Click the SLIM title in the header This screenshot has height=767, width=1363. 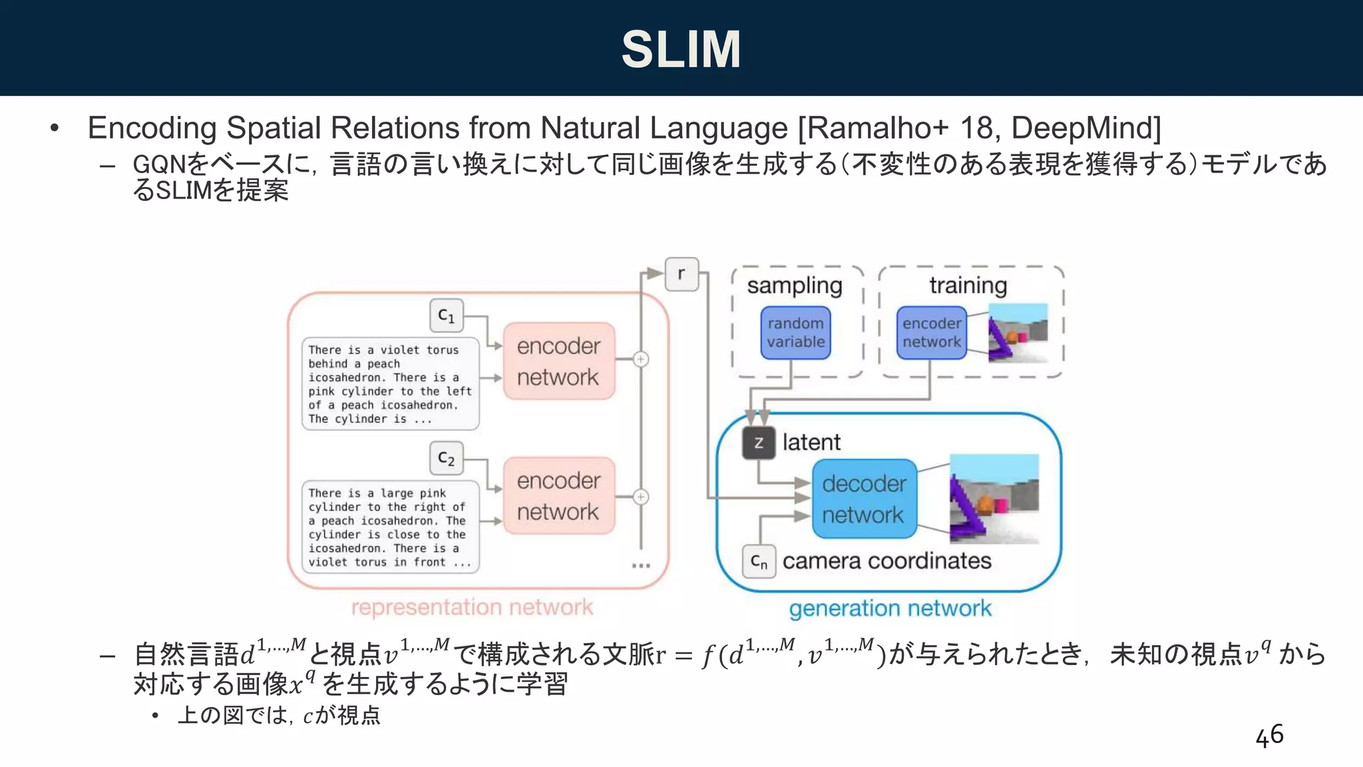pyautogui.click(x=681, y=49)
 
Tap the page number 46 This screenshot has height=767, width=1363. pyautogui.click(x=1268, y=736)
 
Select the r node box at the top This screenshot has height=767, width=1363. pyautogui.click(x=681, y=274)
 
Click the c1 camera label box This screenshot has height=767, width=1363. pyautogui.click(x=446, y=316)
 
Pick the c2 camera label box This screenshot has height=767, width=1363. pyautogui.click(x=446, y=458)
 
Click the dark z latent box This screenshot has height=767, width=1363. pyautogui.click(x=759, y=443)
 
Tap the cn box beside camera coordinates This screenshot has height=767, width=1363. pyautogui.click(x=759, y=561)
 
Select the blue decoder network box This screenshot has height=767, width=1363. pyautogui.click(x=864, y=499)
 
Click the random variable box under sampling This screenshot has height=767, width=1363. pyautogui.click(x=795, y=332)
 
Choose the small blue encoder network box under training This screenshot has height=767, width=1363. pyautogui.click(x=931, y=332)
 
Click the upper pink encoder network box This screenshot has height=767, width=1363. pyautogui.click(x=558, y=361)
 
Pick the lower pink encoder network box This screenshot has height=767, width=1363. pyautogui.click(x=558, y=495)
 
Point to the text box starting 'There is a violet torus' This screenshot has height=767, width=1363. pyautogui.click(x=390, y=384)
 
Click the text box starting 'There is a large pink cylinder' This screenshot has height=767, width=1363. pyautogui.click(x=390, y=527)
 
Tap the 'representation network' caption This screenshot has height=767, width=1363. pyautogui.click(x=472, y=607)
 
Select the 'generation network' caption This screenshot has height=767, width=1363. pyautogui.click(x=890, y=608)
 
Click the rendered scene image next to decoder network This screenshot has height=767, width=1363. pyautogui.click(x=994, y=499)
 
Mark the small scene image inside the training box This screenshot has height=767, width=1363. pyautogui.click(x=1018, y=332)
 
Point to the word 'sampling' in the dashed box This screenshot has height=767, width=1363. pyautogui.click(x=795, y=286)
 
